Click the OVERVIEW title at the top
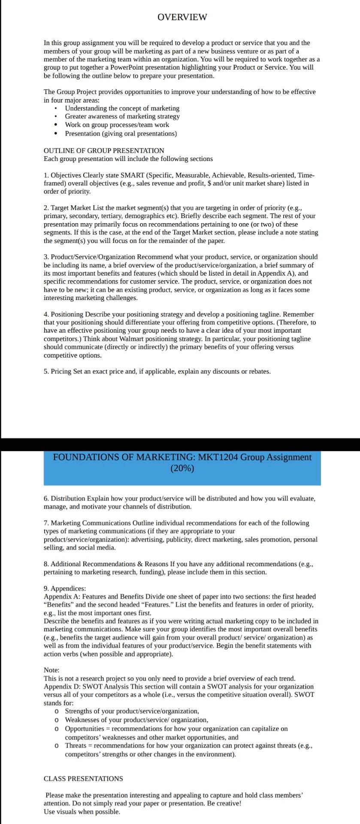(182, 17)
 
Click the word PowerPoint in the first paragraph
(127, 67)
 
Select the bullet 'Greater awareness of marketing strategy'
(122, 116)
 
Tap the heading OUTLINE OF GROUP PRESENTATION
(104, 151)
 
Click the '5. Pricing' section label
(57, 371)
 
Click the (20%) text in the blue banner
(182, 468)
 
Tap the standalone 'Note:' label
(51, 670)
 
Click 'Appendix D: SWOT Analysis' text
(83, 686)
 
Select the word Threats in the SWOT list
(76, 745)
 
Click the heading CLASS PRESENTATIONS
(83, 779)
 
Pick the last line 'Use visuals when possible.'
(82, 812)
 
